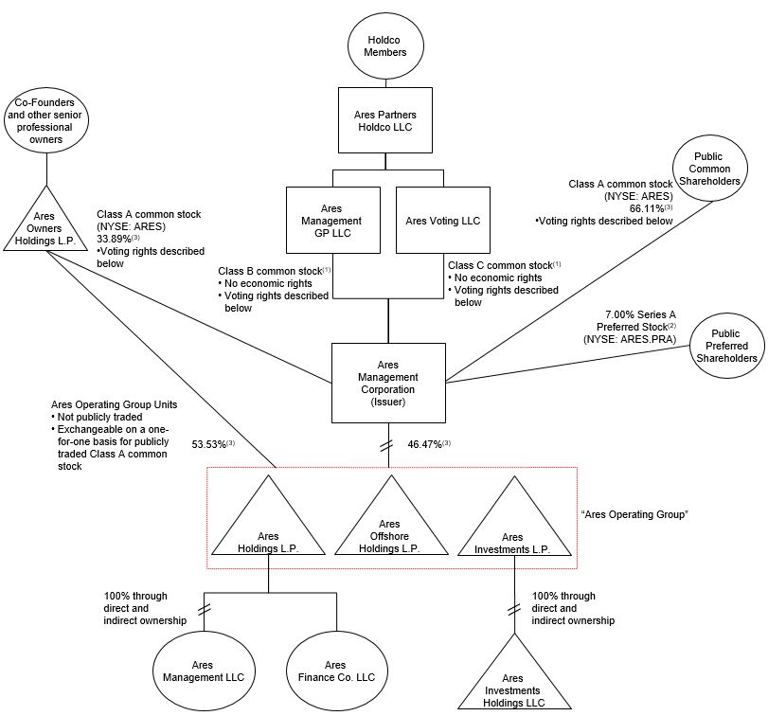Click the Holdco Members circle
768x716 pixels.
388,45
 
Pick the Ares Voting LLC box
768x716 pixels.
442,220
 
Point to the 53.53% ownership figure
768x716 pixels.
214,444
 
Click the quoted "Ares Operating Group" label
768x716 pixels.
634,514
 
